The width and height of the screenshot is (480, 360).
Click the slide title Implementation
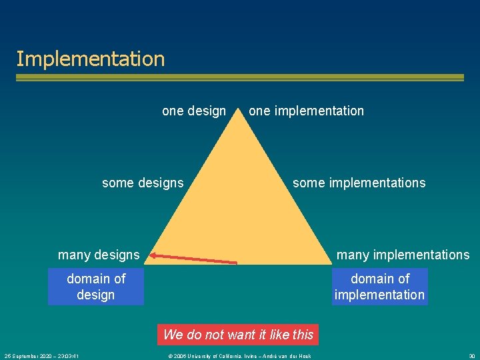[90, 59]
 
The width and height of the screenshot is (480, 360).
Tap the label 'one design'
[194, 111]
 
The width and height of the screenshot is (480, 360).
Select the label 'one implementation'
[306, 111]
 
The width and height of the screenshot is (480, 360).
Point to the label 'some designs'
[143, 183]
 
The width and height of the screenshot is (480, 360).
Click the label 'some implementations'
[359, 183]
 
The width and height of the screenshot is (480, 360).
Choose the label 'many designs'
[99, 255]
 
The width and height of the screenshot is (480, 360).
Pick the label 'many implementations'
[403, 255]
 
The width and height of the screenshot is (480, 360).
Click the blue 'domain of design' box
[96, 287]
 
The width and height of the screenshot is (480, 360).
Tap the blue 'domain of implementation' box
[379, 287]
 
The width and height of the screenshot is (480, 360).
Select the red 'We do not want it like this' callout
[238, 334]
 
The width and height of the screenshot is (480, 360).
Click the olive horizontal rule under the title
[239, 77]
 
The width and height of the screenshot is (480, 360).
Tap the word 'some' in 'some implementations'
[308, 183]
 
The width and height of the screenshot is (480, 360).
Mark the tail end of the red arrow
[235, 262]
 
